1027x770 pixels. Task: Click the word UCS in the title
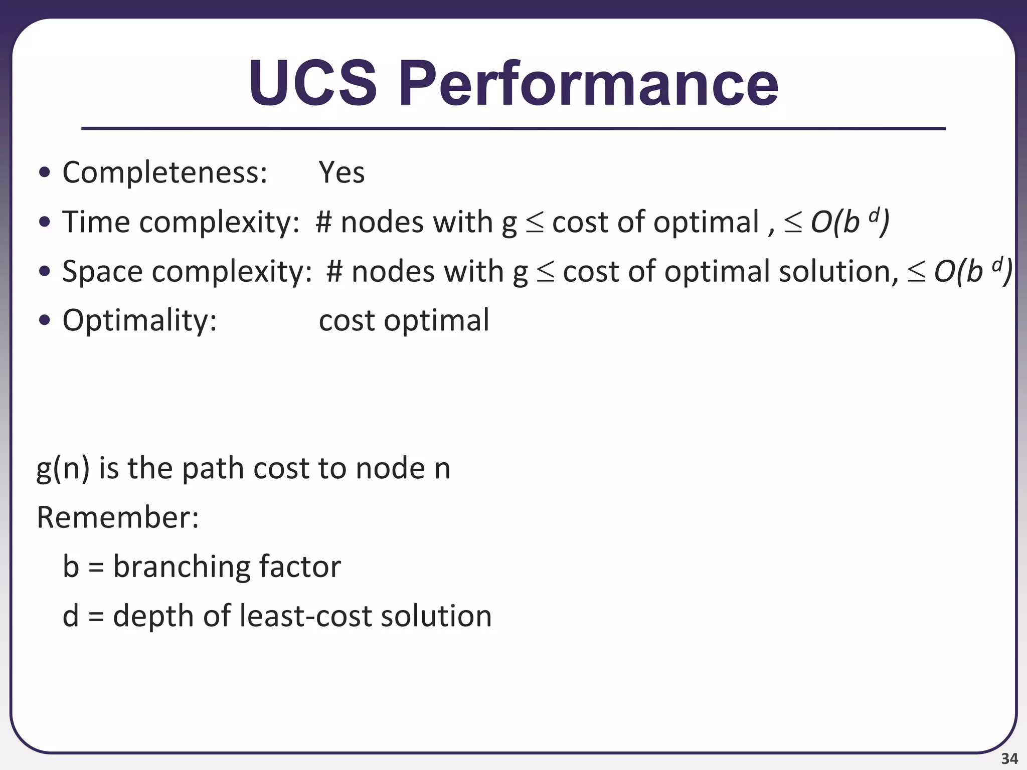click(312, 83)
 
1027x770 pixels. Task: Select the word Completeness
click(164, 172)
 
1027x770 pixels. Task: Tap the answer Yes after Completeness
click(341, 172)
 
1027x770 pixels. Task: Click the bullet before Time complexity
click(45, 222)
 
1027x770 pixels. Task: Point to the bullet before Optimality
click(45, 320)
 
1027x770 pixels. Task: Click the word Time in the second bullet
click(95, 222)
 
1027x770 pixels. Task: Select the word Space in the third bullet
click(102, 271)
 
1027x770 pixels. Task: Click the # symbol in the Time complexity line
click(324, 222)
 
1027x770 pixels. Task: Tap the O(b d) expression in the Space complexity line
click(972, 271)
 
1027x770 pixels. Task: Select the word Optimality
click(139, 320)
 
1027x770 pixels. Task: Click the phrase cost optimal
click(404, 320)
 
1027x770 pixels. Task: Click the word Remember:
click(118, 517)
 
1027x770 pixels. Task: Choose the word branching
click(181, 566)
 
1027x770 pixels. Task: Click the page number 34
click(1009, 758)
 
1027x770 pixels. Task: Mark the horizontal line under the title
click(513, 129)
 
